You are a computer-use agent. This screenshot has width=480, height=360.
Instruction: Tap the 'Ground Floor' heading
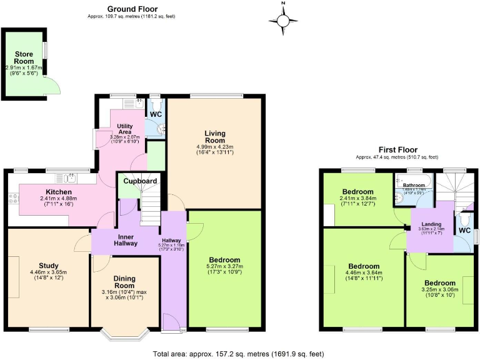click(132, 9)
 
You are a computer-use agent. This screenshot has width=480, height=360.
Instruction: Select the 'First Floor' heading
click(397, 150)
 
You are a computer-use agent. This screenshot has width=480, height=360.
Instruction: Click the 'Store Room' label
click(24, 57)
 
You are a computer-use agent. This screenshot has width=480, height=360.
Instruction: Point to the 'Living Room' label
click(214, 137)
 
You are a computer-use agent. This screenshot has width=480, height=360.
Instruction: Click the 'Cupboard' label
click(140, 181)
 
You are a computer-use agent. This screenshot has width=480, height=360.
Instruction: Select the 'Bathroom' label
click(413, 186)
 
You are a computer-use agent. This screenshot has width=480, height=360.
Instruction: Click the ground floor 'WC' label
click(154, 114)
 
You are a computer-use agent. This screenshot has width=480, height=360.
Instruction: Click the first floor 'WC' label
click(464, 231)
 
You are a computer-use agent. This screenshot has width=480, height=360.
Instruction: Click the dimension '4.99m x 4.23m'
click(214, 147)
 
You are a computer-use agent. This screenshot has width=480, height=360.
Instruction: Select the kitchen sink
click(66, 179)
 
